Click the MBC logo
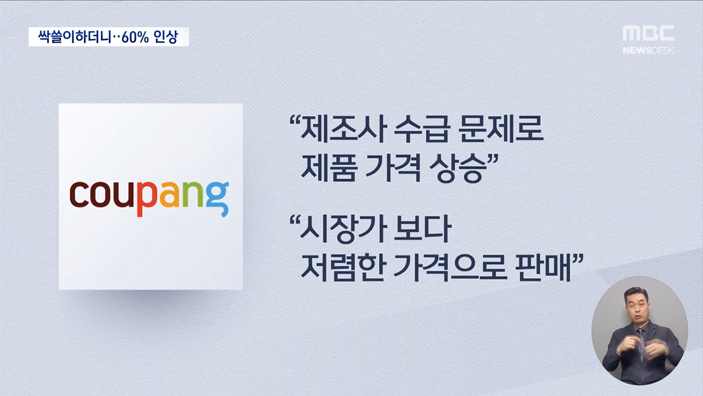(648, 33)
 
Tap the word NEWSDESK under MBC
(648, 50)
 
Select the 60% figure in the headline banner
(135, 37)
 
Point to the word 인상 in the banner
(166, 37)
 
